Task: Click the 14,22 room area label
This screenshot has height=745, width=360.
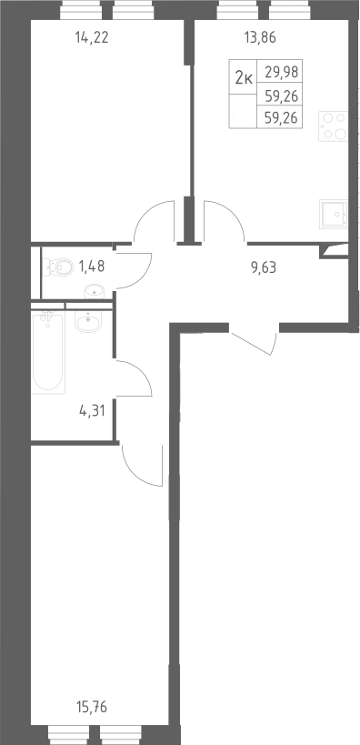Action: coord(92,37)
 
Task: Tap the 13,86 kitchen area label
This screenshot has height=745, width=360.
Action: coord(260,37)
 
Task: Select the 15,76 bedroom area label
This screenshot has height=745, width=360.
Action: coord(92,708)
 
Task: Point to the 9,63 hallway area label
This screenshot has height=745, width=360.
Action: coord(264,267)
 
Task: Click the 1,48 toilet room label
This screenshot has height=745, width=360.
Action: coord(91,267)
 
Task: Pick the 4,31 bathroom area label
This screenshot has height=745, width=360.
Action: coord(92,410)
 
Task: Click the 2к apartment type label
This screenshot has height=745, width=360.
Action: coord(244,76)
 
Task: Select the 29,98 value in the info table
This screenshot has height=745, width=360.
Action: coord(282,72)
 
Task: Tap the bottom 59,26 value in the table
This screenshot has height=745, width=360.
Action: coord(281,117)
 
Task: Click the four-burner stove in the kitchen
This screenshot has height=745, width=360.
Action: coord(334,126)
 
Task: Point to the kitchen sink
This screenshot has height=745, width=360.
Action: coord(334,215)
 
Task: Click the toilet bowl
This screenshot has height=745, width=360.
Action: coord(58,267)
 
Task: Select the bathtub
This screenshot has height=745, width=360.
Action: coord(48,352)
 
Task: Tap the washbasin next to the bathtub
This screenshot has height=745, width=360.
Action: coord(87,321)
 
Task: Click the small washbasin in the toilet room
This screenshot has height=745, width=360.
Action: coord(93,290)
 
